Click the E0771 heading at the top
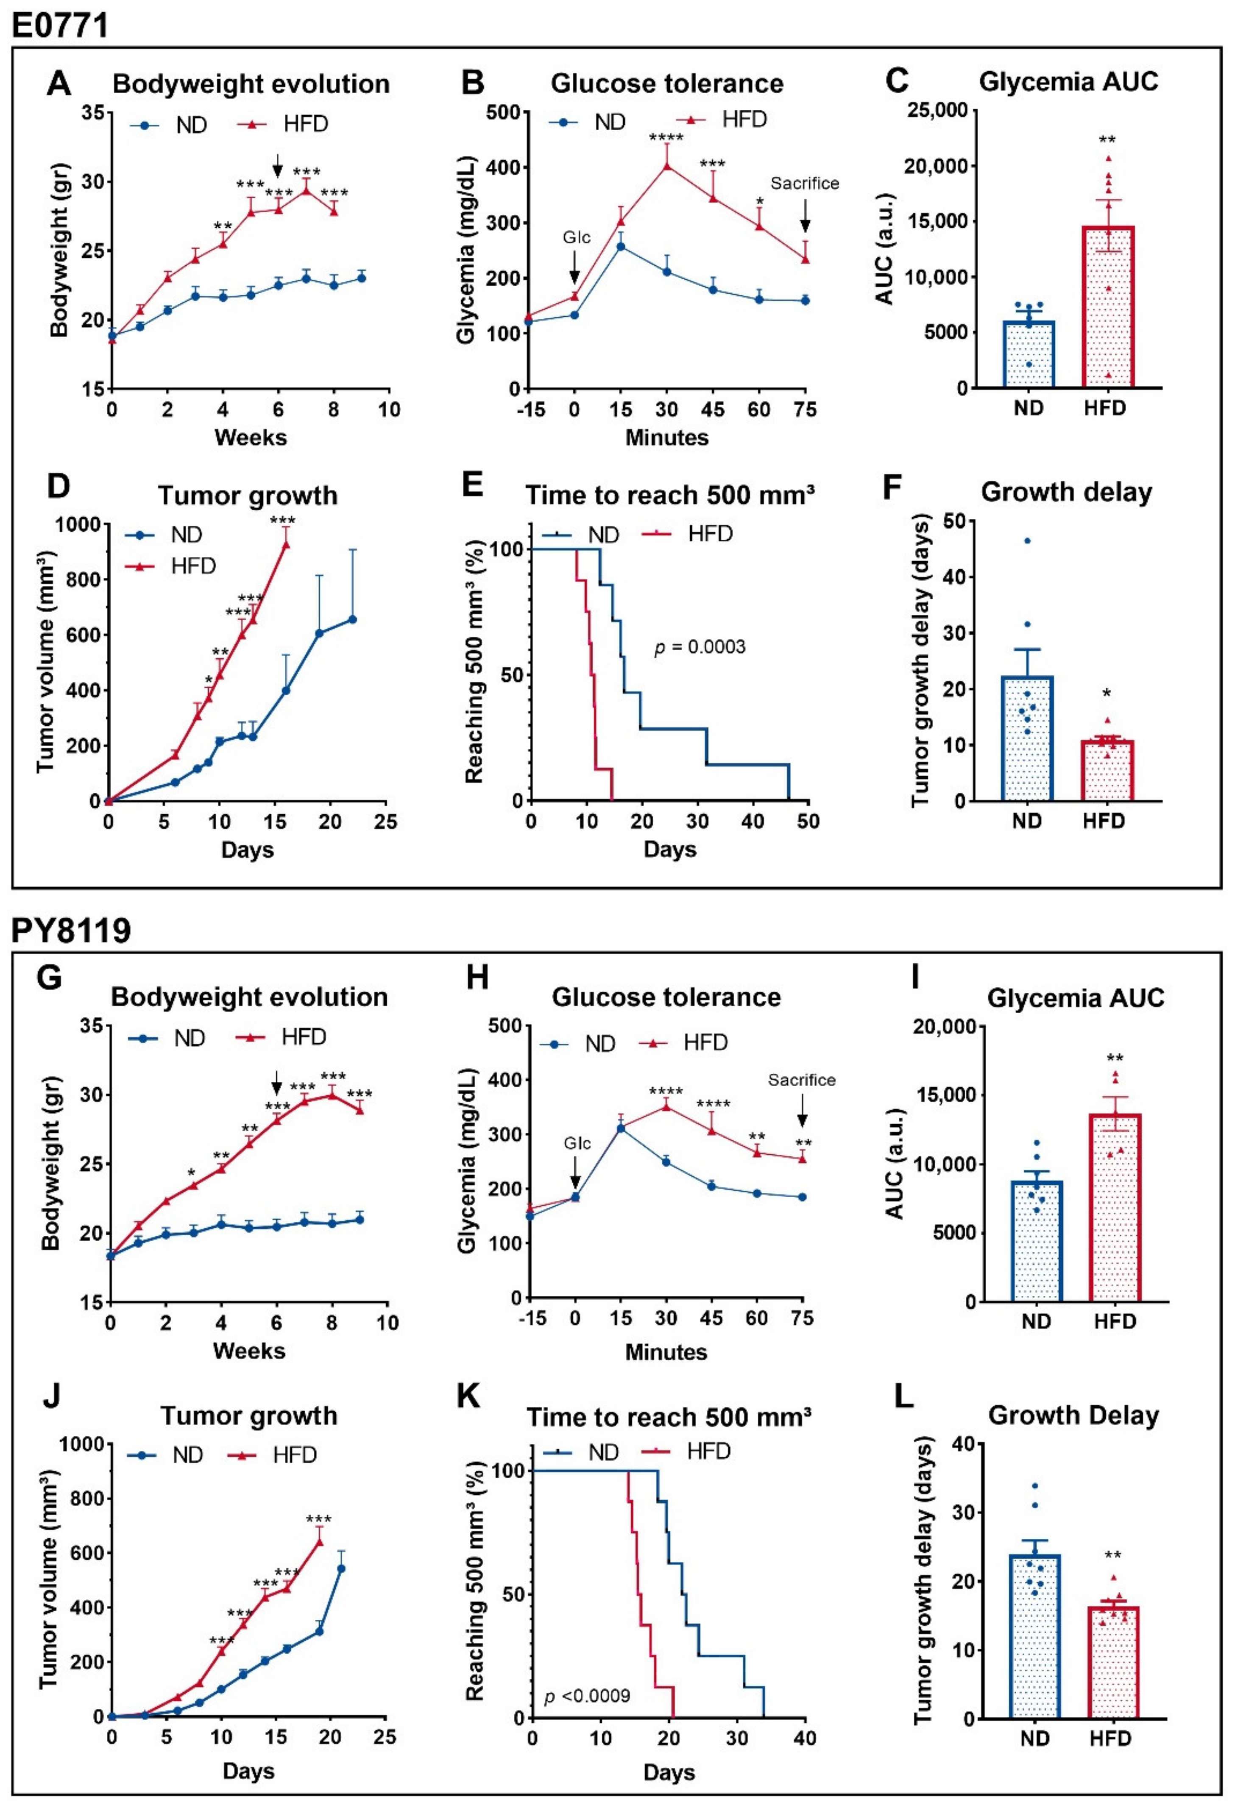pyautogui.click(x=59, y=25)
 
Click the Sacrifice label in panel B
pyautogui.click(x=805, y=184)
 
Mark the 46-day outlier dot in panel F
pyautogui.click(x=1027, y=540)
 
